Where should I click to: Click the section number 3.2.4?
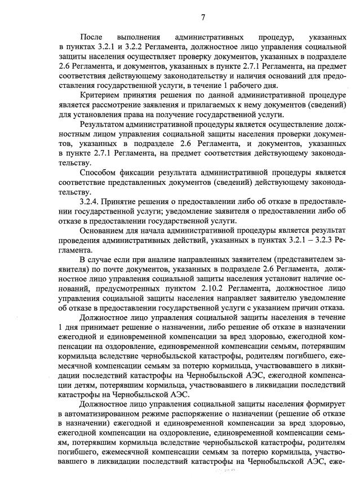click(92, 202)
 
